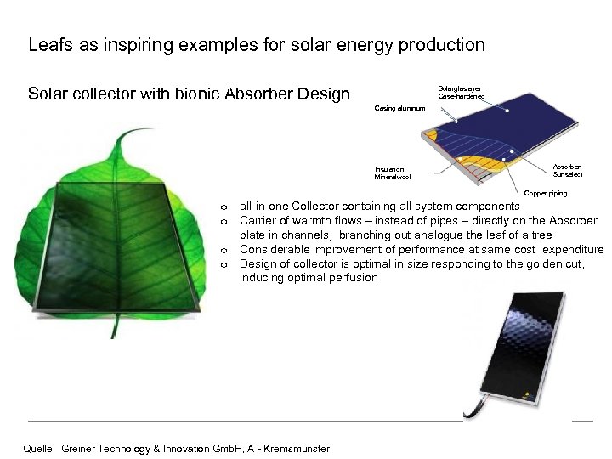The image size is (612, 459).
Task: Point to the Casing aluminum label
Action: pyautogui.click(x=399, y=108)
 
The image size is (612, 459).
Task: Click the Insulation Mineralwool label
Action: pyautogui.click(x=392, y=173)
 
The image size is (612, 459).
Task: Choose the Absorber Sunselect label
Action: pyautogui.click(x=567, y=171)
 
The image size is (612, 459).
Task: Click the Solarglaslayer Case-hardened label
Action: pyautogui.click(x=461, y=92)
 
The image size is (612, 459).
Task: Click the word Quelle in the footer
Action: pyautogui.click(x=39, y=448)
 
